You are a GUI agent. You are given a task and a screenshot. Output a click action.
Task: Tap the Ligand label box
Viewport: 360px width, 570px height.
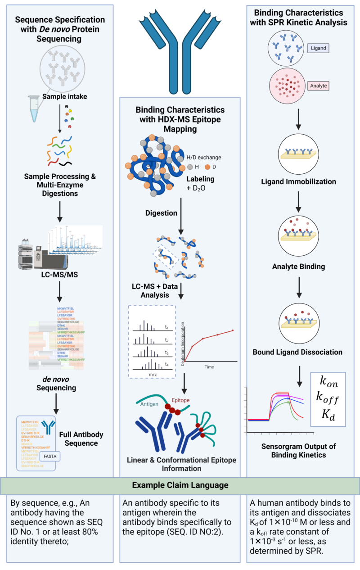click(x=319, y=48)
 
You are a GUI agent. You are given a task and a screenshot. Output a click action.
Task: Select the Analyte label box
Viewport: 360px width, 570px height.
click(x=319, y=85)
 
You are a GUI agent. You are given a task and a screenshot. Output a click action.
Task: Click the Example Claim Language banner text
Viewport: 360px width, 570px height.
click(x=180, y=485)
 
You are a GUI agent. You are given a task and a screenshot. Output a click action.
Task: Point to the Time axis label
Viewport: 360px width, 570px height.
click(x=209, y=367)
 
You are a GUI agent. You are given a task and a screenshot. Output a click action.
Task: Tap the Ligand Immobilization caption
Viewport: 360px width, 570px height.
click(x=298, y=182)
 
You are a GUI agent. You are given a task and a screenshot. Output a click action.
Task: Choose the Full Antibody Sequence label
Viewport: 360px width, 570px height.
click(x=81, y=439)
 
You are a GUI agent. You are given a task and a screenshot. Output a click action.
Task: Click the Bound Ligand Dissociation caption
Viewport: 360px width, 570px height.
click(x=297, y=352)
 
